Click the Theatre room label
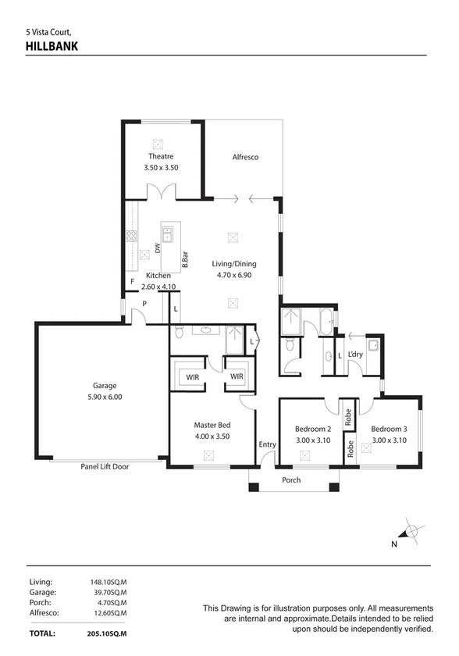click(x=161, y=156)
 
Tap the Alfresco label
click(x=245, y=157)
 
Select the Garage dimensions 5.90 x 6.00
click(x=105, y=397)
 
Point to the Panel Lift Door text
click(x=105, y=466)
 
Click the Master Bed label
click(x=212, y=425)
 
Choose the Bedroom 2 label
click(x=313, y=429)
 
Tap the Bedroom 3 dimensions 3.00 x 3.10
click(x=390, y=440)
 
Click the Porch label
click(x=291, y=480)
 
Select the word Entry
click(x=268, y=444)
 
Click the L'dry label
click(x=355, y=355)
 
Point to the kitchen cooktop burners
click(x=132, y=237)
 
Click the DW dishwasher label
click(x=158, y=248)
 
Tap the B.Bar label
click(x=185, y=260)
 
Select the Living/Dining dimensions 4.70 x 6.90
click(x=234, y=275)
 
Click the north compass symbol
click(x=411, y=532)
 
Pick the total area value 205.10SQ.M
click(x=107, y=633)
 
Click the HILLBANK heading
click(x=52, y=46)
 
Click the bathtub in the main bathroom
click(x=326, y=321)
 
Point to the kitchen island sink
click(x=168, y=234)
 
